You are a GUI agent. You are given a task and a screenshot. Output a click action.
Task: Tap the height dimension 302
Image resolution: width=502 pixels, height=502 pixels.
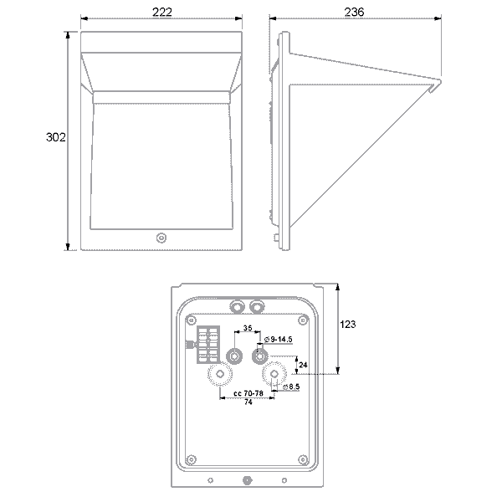(x=55, y=138)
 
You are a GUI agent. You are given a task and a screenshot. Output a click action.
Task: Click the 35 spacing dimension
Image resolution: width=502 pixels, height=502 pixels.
(x=248, y=330)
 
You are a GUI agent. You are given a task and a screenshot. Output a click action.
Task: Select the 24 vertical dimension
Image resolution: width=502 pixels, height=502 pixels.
(x=304, y=365)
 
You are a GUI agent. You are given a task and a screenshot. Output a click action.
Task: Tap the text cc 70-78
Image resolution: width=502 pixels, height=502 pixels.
(x=248, y=392)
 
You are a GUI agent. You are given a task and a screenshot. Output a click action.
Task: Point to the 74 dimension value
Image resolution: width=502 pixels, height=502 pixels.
(x=248, y=403)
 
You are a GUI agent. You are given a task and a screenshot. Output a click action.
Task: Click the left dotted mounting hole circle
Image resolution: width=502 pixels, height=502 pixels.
(x=220, y=373)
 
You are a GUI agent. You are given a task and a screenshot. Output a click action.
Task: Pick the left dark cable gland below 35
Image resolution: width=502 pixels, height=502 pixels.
(x=235, y=356)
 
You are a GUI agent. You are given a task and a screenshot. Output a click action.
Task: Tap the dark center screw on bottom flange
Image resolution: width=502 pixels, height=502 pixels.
(x=246, y=480)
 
